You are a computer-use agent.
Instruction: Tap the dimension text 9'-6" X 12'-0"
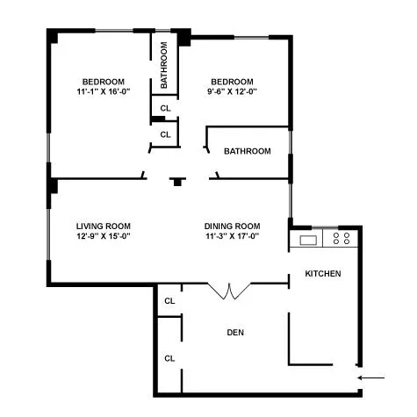coord(233,91)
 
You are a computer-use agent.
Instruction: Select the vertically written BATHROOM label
coord(164,67)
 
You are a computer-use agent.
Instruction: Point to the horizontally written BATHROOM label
coord(247,151)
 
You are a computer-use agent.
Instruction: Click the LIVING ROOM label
coord(103,225)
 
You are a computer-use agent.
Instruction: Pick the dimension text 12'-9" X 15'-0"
coord(103,235)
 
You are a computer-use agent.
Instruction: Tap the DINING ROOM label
coord(233,225)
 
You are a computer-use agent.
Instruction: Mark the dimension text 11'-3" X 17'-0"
coord(233,235)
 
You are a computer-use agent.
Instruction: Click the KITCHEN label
coord(322,274)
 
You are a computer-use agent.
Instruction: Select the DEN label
coord(234,332)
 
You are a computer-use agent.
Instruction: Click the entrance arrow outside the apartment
coord(372,378)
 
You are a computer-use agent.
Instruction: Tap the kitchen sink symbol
coord(308,240)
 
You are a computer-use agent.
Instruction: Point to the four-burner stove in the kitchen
coord(342,237)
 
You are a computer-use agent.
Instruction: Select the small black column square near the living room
coord(177,183)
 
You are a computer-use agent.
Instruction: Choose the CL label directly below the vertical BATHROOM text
coord(164,108)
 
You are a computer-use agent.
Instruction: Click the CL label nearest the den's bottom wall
coord(169,357)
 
